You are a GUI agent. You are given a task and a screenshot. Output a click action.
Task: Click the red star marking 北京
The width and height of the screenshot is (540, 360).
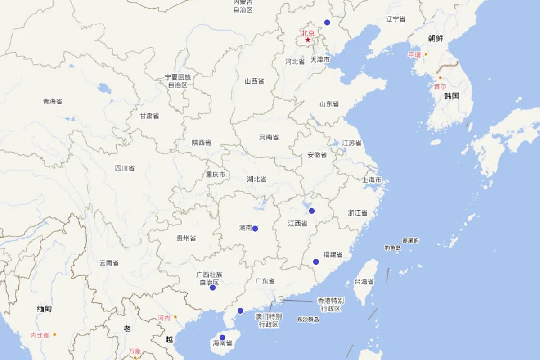pos(308,40)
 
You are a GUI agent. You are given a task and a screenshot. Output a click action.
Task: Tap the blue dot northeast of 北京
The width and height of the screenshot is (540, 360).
pos(327,22)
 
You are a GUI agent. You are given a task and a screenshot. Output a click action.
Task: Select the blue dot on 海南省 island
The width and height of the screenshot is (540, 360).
pos(222,337)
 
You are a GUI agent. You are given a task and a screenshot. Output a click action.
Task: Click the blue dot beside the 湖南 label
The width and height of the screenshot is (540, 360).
pos(255,229)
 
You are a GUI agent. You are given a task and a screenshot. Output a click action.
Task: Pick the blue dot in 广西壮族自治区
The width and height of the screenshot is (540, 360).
pos(212,288)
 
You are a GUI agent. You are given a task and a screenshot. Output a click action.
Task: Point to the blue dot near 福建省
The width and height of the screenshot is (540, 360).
pos(316,262)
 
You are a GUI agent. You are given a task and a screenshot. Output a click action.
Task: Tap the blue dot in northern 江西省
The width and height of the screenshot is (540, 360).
pos(311,211)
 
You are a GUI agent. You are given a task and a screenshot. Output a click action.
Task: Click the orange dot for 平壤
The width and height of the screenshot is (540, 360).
pos(426,54)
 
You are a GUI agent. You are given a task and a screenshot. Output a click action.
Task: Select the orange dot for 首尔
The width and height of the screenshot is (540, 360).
pos(441,78)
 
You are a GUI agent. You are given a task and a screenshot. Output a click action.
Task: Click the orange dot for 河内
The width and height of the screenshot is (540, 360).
pos(175,317)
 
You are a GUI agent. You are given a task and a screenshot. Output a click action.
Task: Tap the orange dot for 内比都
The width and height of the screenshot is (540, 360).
pos(54,334)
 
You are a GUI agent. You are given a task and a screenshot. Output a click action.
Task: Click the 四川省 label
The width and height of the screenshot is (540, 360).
pos(125,168)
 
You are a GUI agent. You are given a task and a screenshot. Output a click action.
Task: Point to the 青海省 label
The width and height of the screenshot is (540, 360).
pos(53,101)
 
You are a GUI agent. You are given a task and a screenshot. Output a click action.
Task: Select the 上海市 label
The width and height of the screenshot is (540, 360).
pos(372,180)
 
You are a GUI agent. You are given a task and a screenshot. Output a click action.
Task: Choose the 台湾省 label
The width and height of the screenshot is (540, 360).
pos(364,282)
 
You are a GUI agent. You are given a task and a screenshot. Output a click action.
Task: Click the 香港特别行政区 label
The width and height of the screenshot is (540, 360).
pos(331,304)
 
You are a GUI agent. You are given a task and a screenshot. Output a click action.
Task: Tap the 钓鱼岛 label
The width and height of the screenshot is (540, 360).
pos(392,248)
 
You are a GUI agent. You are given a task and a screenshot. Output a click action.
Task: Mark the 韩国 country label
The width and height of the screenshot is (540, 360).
pos(451,96)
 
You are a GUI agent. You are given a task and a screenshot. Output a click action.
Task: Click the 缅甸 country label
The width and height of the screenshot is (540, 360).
pos(44,309)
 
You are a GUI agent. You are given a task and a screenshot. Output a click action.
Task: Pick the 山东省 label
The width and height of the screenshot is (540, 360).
pos(329,104)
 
